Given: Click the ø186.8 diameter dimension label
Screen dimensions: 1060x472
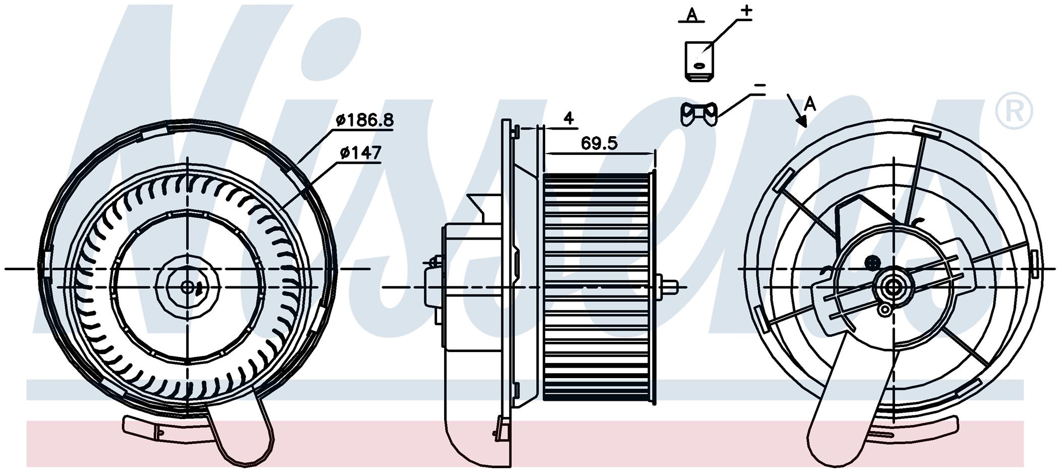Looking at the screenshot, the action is pos(365,120).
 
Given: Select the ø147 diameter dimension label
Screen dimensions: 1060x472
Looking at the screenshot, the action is pos(360,153).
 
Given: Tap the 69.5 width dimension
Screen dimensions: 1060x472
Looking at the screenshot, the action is pos(599,143).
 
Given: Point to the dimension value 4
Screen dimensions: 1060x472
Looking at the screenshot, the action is pos(568,118).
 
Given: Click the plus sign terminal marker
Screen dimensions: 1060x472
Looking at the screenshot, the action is pos(746,11).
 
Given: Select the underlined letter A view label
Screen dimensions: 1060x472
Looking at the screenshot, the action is pos(692,15).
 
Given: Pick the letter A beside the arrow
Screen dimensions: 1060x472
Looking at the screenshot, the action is pos(810,104).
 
